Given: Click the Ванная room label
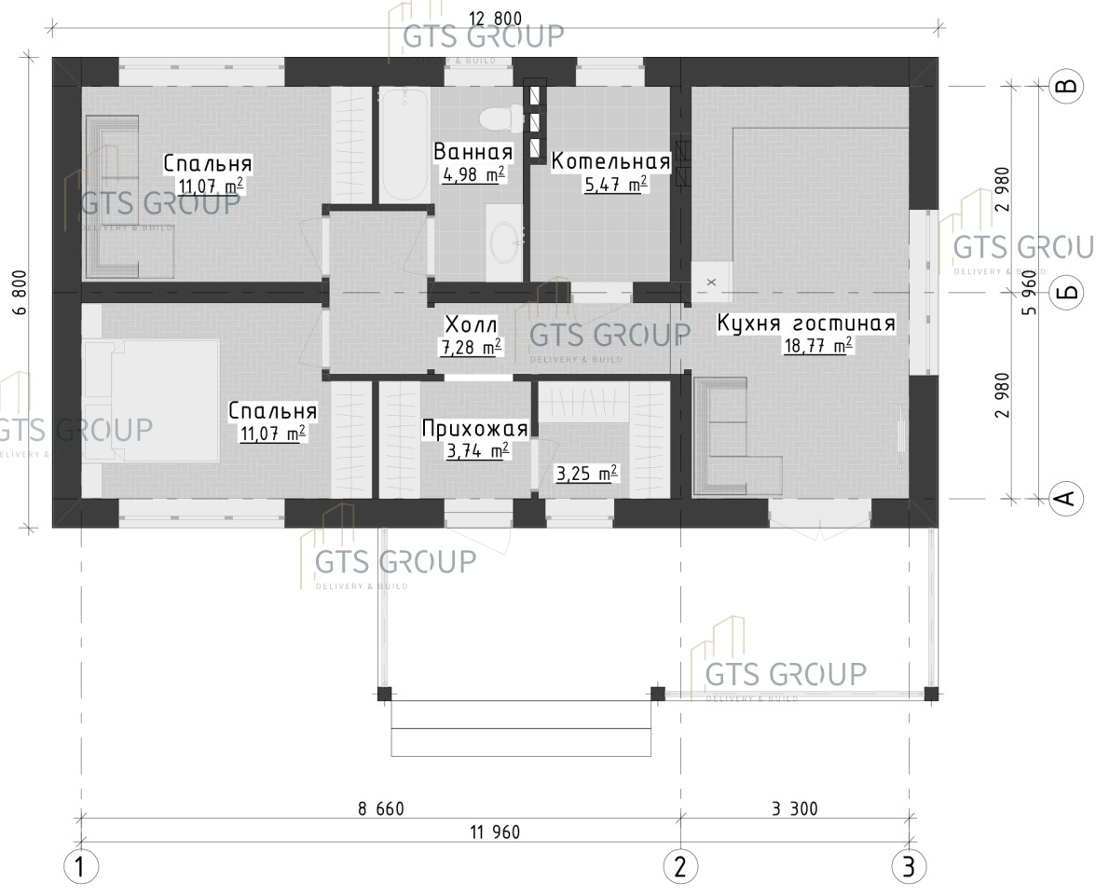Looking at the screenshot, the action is point(473,151).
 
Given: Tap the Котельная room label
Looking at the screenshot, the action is point(611,161).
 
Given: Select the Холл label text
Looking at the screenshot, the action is point(472,324).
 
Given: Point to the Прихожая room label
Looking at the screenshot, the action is point(474,428).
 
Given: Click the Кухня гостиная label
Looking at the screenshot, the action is point(806,324).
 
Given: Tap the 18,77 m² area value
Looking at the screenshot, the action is point(818,345).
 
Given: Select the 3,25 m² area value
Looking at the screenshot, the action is point(586,474).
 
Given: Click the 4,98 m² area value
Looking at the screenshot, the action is point(473,174).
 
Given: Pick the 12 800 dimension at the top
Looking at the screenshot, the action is point(495,19).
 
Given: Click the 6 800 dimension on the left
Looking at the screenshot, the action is point(21,293).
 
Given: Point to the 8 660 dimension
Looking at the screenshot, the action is point(381,809).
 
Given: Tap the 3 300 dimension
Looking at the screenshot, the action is point(795,809).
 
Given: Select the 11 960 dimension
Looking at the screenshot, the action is point(495,832).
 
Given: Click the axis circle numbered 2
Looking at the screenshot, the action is point(680,867).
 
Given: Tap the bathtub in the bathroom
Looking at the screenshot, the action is point(404,144).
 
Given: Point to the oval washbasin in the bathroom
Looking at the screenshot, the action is point(504,242).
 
